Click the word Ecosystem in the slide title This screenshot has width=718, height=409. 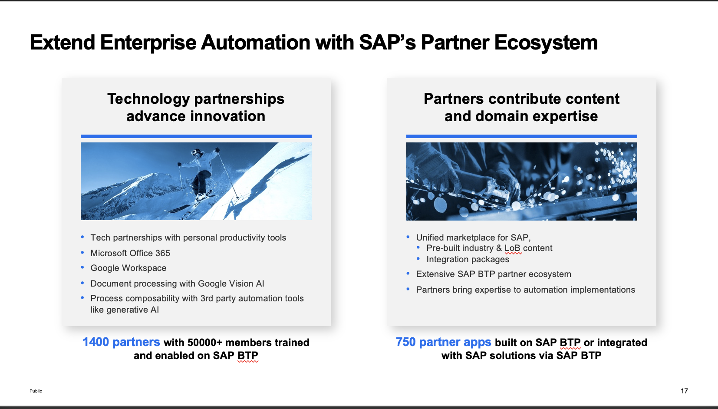pyautogui.click(x=546, y=43)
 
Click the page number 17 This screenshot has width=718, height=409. pyautogui.click(x=684, y=391)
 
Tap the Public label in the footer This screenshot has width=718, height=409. pyautogui.click(x=36, y=391)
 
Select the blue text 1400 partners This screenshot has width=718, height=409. pyautogui.click(x=121, y=342)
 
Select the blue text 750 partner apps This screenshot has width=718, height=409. pyautogui.click(x=443, y=342)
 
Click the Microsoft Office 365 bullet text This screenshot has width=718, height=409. pyautogui.click(x=130, y=253)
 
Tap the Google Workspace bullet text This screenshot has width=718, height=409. pyautogui.click(x=128, y=268)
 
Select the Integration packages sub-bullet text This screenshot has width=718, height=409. pyautogui.click(x=468, y=259)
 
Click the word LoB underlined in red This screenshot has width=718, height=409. pyautogui.click(x=512, y=248)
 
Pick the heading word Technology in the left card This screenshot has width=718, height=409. pyautogui.click(x=148, y=99)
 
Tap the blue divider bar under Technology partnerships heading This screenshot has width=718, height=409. pyautogui.click(x=196, y=136)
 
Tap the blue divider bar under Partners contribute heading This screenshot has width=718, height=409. pyautogui.click(x=521, y=136)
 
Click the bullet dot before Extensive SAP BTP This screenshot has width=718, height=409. pyautogui.click(x=408, y=274)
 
